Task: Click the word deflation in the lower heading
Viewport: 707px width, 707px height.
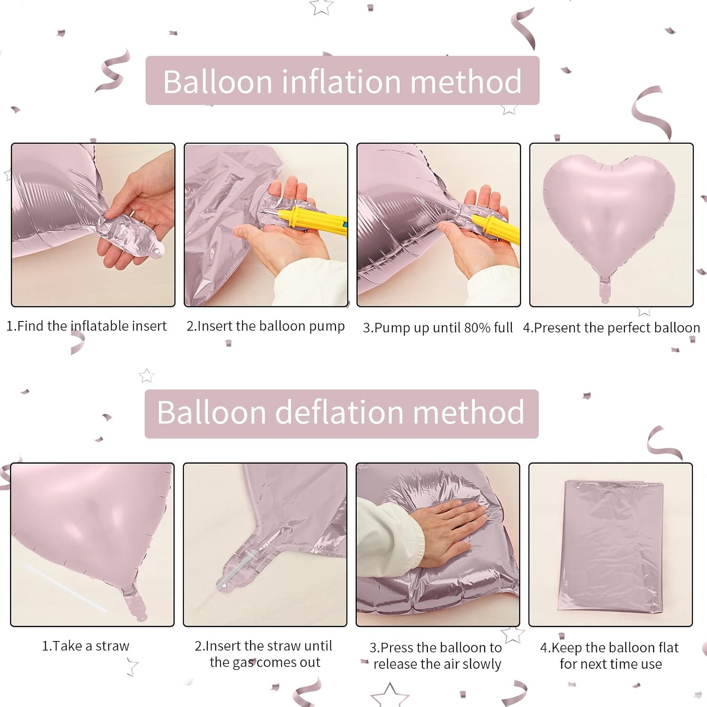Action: pos(340,412)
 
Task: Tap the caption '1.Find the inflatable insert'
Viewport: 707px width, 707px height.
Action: pos(86,326)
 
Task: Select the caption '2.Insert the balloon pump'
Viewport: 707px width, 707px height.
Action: pos(265,326)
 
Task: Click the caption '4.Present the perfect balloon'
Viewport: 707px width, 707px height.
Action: pos(611,328)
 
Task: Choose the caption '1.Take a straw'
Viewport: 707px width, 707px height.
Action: pos(85,646)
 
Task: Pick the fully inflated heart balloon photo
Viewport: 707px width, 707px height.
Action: pos(611,225)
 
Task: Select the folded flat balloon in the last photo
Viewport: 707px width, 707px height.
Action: pos(610,546)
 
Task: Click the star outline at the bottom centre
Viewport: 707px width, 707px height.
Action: pos(389,696)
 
